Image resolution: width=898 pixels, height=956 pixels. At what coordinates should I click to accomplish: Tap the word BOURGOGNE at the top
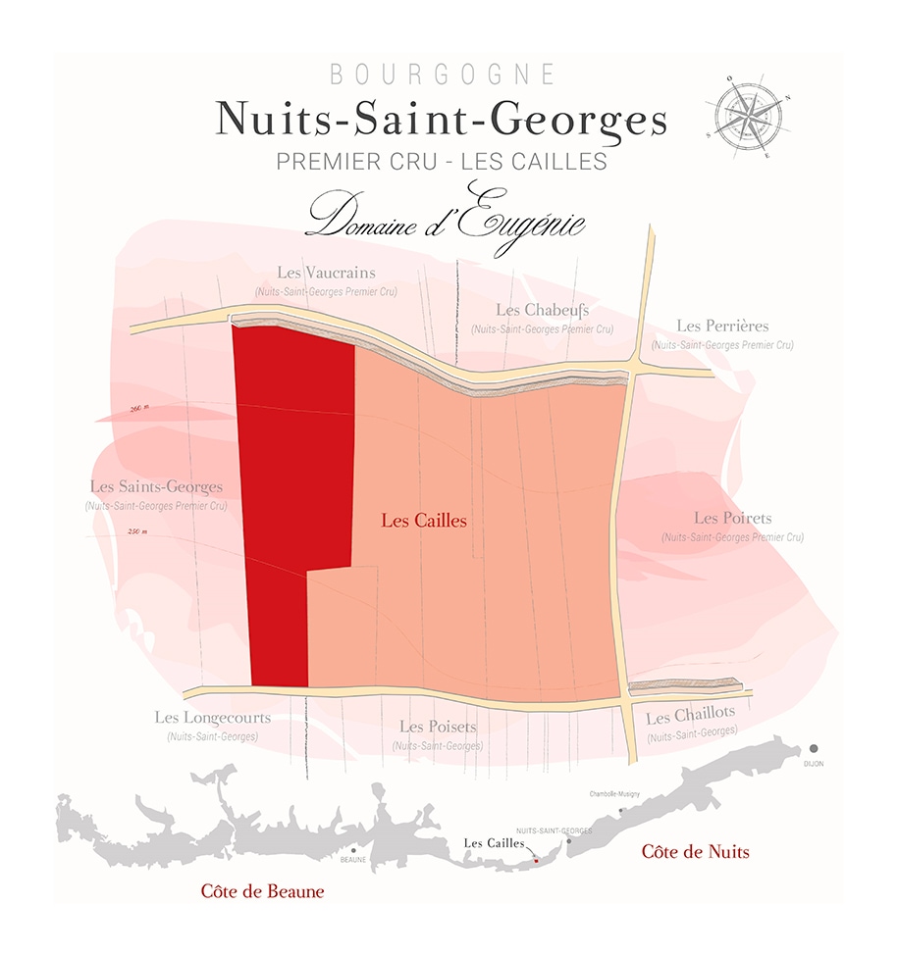443,75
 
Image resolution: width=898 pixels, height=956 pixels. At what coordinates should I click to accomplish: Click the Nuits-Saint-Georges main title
442,120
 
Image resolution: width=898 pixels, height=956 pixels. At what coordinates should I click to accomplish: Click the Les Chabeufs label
542,310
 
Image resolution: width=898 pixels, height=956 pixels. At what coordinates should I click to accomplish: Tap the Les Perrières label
722,326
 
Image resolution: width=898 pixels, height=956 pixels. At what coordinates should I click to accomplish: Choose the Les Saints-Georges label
156,486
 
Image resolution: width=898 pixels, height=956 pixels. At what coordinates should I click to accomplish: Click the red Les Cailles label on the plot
423,521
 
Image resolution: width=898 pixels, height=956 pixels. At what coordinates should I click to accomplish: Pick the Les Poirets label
732,518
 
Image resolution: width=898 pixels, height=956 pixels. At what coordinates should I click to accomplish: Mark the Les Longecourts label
212,718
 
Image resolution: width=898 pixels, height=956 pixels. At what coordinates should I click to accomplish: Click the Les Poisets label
438,727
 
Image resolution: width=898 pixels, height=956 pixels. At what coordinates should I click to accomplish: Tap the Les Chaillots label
691,717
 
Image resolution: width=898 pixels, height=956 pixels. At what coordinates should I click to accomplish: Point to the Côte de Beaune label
261,891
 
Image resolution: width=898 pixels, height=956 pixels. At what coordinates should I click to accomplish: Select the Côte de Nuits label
695,851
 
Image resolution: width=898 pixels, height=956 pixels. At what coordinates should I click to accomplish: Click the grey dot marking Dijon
814,748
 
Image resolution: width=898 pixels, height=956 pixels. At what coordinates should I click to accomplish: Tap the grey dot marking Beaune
351,849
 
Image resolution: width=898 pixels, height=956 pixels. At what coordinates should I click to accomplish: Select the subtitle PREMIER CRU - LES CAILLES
442,162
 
